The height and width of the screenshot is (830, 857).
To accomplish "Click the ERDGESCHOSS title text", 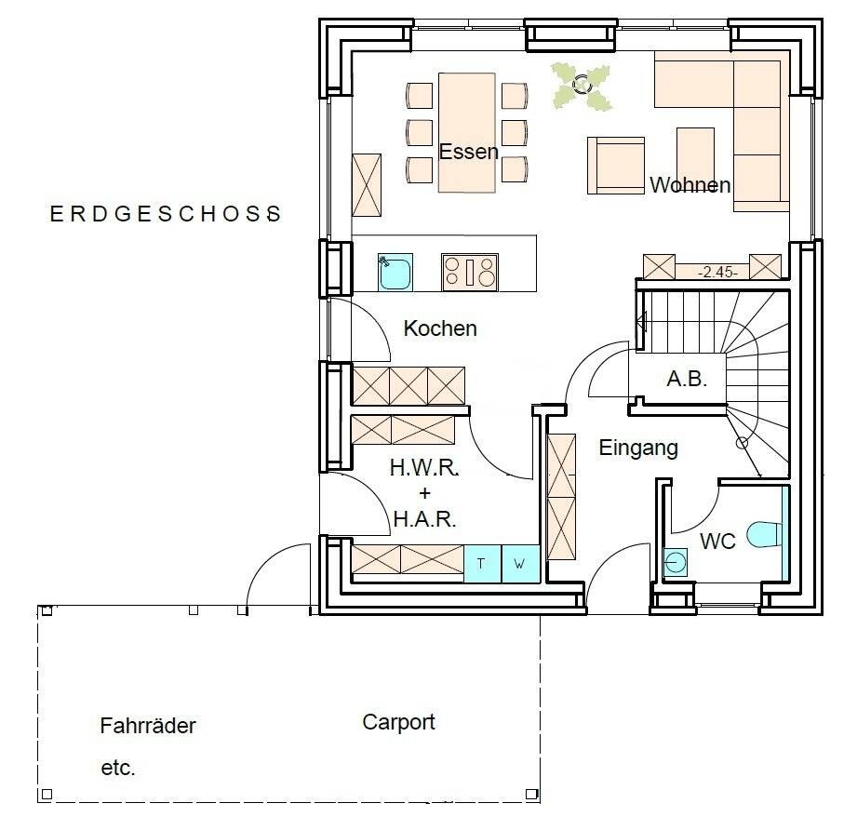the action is click(x=166, y=214).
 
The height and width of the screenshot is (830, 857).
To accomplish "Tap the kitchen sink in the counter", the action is click(x=395, y=272).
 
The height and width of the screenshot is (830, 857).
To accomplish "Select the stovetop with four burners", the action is click(x=470, y=272).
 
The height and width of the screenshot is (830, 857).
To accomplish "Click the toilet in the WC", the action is click(x=764, y=534).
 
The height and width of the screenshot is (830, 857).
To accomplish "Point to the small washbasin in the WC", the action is click(x=676, y=562).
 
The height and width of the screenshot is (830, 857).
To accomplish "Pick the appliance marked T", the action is click(x=482, y=563).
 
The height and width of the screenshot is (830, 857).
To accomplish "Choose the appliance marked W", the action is click(x=520, y=563).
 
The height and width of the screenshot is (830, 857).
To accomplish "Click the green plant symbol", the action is click(x=581, y=86).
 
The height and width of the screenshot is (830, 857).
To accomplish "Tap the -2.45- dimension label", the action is click(x=717, y=272).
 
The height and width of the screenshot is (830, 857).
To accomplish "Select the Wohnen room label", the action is click(x=690, y=185).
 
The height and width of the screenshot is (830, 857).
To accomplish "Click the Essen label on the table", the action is click(x=468, y=152).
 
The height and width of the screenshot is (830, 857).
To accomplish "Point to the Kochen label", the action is click(x=440, y=328).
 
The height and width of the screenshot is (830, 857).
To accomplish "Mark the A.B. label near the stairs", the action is click(x=687, y=378).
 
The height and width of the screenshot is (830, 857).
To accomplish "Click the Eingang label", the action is click(x=638, y=448).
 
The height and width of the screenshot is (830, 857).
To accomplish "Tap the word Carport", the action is click(x=398, y=722).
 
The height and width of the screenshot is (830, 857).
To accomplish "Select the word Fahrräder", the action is click(x=148, y=726).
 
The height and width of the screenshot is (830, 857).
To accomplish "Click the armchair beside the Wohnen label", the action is click(x=616, y=166).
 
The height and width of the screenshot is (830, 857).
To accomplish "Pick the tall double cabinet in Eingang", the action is click(x=561, y=497).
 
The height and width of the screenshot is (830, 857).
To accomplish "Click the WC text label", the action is click(x=717, y=542).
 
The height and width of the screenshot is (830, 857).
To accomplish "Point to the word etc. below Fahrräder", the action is click(x=117, y=768).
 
